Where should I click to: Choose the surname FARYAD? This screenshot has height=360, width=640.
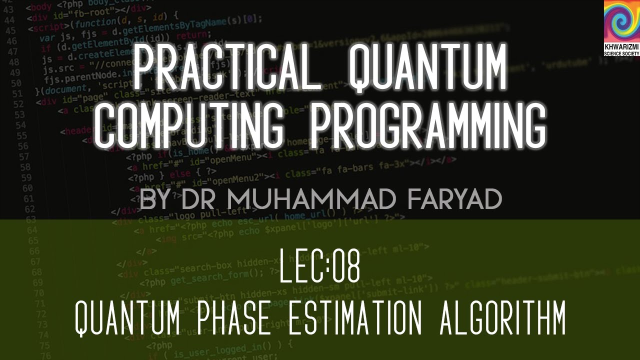tap(454, 199)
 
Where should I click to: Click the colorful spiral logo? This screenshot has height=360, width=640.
tap(621, 21)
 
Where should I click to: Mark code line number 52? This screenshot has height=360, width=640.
tap(17, 104)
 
